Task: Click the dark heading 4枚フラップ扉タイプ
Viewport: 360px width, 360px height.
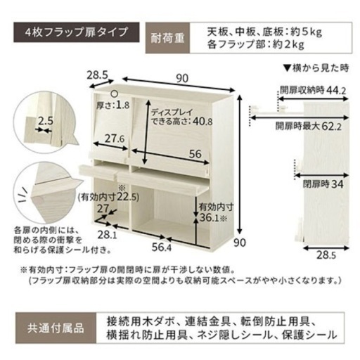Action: pos(77,32)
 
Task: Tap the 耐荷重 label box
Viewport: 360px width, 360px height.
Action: pos(167,38)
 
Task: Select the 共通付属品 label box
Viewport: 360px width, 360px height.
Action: pos(56,328)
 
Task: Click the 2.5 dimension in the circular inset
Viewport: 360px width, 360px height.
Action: pos(46,121)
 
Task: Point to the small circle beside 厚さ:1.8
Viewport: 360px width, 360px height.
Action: pos(115,94)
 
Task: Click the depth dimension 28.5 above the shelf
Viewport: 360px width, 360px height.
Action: pos(97,75)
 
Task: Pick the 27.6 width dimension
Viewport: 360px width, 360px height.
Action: pos(115,139)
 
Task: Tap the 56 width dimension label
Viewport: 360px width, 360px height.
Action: pos(195,154)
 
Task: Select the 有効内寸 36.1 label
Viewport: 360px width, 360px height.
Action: pos(213,212)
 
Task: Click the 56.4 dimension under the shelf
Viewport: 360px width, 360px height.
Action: pos(162,247)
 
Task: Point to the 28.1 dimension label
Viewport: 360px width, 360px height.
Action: pos(107,235)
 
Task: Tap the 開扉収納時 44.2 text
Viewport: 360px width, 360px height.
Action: pos(313,90)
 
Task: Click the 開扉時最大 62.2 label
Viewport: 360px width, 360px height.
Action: pos(309,127)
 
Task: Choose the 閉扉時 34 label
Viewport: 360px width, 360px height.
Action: pos(323,184)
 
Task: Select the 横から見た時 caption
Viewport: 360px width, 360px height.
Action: pos(316,68)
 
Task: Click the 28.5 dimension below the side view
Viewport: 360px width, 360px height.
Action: pos(326,255)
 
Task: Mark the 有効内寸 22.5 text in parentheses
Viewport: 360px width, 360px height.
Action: pos(108,198)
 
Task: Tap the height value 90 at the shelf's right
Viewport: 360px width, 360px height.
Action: pos(240,243)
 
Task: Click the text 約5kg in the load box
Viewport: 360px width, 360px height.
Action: pos(307,32)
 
